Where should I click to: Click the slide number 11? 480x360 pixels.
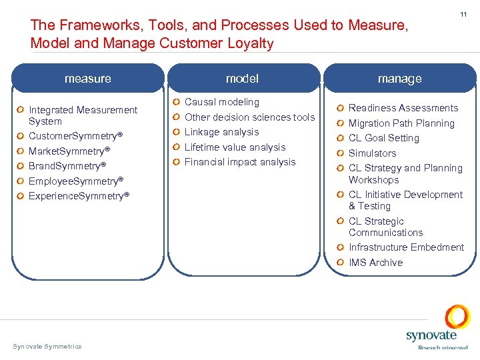[463, 14]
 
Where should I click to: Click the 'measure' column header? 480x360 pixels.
[88, 79]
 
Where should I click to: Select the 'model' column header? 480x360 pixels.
[242, 79]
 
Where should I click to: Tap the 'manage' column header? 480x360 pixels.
[399, 79]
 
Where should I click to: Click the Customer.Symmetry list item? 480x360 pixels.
[75, 136]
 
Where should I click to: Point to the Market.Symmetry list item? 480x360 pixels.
[69, 151]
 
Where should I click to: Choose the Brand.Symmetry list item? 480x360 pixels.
[67, 166]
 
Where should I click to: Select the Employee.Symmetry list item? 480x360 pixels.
[76, 181]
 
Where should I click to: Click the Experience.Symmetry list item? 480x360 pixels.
[79, 196]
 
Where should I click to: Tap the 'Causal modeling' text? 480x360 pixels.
[221, 102]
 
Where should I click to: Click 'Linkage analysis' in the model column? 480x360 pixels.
[221, 132]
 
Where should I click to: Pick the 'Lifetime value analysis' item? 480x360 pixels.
[235, 147]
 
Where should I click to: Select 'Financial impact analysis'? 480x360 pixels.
[239, 162]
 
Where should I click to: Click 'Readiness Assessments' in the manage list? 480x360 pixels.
[403, 108]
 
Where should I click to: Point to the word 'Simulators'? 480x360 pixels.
[372, 153]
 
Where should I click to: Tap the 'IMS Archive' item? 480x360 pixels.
[375, 263]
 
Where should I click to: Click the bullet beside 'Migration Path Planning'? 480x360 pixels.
[341, 123]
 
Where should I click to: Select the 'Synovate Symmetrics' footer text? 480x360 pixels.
[47, 346]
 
